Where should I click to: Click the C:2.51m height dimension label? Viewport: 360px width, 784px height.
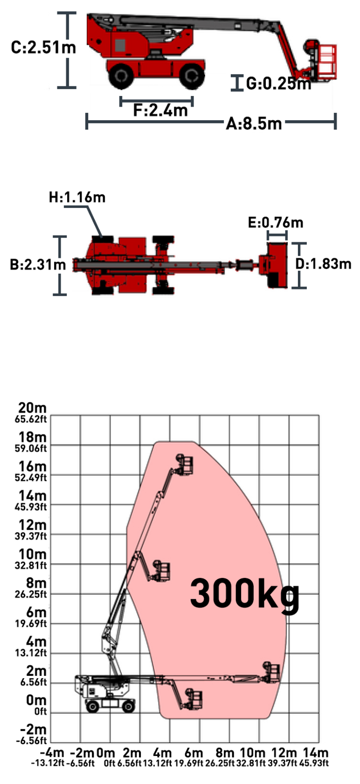click(x=43, y=47)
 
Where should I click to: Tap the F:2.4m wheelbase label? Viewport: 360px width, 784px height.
click(x=160, y=110)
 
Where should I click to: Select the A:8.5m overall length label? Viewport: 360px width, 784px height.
click(x=254, y=124)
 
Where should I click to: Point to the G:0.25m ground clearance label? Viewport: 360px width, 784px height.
click(x=279, y=83)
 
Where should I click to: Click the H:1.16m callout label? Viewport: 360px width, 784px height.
click(x=77, y=197)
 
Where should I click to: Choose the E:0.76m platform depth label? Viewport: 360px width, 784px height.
click(x=276, y=222)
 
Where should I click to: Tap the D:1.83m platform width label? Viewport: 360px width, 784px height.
click(x=323, y=264)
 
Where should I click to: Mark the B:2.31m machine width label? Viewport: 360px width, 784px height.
click(x=38, y=264)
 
